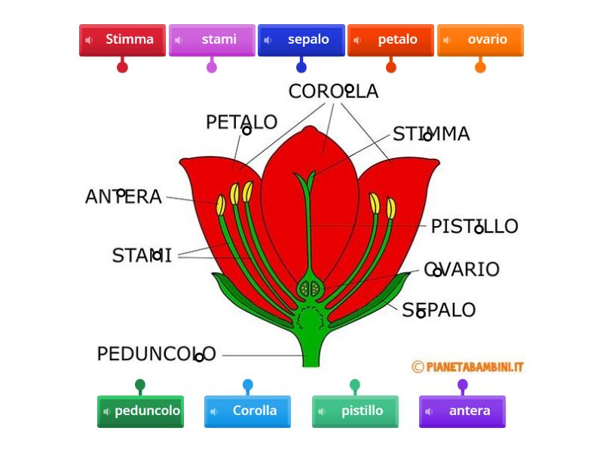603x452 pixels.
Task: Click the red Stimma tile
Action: tap(122, 40)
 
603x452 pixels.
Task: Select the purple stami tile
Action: tap(212, 40)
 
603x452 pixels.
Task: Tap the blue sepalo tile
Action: tap(301, 40)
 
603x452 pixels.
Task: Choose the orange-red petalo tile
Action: tap(390, 40)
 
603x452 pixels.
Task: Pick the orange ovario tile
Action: tap(480, 40)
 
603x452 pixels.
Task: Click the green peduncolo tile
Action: tap(140, 411)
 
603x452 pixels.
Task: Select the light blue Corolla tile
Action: tap(247, 411)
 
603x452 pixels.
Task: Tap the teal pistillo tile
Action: tap(355, 411)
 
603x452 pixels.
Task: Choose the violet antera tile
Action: tap(462, 411)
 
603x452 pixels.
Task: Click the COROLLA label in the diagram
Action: tap(333, 92)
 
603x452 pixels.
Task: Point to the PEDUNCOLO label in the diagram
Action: tap(156, 353)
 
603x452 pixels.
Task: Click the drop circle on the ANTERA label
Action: tap(121, 194)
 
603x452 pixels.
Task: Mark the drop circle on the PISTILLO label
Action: tap(479, 229)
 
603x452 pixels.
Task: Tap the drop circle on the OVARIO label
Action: tap(437, 272)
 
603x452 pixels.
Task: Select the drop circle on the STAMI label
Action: tap(157, 255)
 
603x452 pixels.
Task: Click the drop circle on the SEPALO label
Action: tap(421, 313)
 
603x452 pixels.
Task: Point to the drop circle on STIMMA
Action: tap(427, 136)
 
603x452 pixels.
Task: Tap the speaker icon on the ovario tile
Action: tap(447, 40)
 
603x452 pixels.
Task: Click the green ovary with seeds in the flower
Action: tap(311, 288)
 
